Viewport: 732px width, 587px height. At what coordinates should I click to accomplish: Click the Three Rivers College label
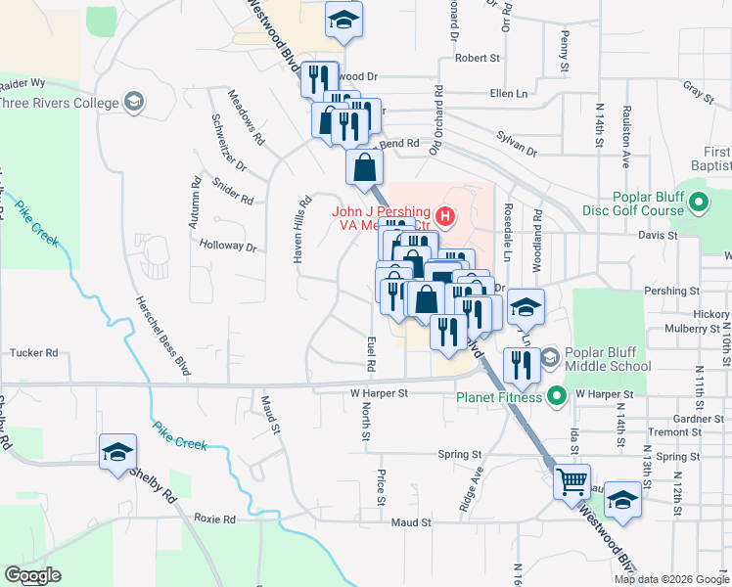[57, 103]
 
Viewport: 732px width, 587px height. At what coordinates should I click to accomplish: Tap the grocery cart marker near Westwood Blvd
[571, 480]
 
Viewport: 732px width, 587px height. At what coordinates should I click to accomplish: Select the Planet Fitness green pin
[558, 396]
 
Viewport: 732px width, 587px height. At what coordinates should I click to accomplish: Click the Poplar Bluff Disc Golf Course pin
[698, 203]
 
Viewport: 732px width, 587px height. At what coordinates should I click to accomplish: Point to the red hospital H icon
[445, 215]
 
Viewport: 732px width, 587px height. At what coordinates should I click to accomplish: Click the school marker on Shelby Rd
[117, 451]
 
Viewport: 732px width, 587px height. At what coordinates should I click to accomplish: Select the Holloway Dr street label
[227, 247]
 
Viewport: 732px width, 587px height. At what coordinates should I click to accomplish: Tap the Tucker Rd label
[33, 352]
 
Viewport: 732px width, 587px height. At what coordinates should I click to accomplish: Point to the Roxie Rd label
[214, 519]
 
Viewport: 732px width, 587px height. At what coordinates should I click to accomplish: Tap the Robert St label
[477, 59]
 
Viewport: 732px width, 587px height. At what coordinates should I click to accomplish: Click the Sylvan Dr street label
[517, 145]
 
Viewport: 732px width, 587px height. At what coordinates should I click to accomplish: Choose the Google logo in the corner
[32, 575]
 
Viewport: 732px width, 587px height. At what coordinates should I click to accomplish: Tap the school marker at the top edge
[343, 22]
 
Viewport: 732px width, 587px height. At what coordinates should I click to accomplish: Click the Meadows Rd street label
[246, 117]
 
